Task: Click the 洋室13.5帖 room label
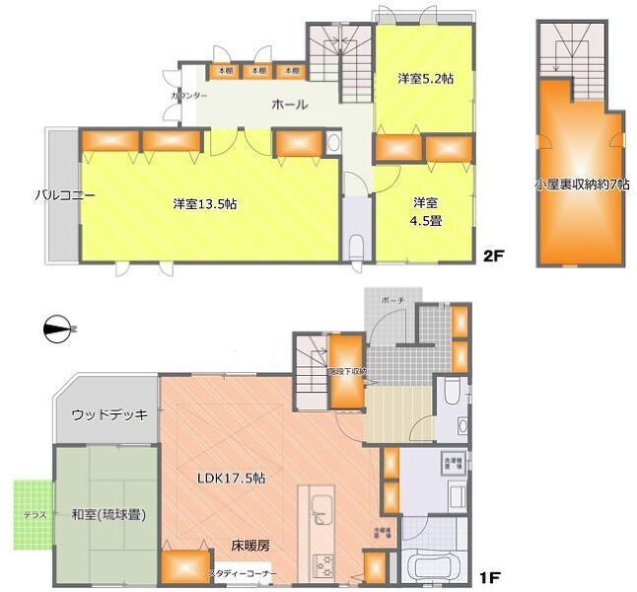tap(204, 203)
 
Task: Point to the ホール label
tap(290, 105)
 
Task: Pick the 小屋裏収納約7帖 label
tap(581, 184)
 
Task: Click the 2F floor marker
tap(494, 259)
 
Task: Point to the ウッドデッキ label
tap(109, 415)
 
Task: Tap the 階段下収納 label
tap(347, 372)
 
